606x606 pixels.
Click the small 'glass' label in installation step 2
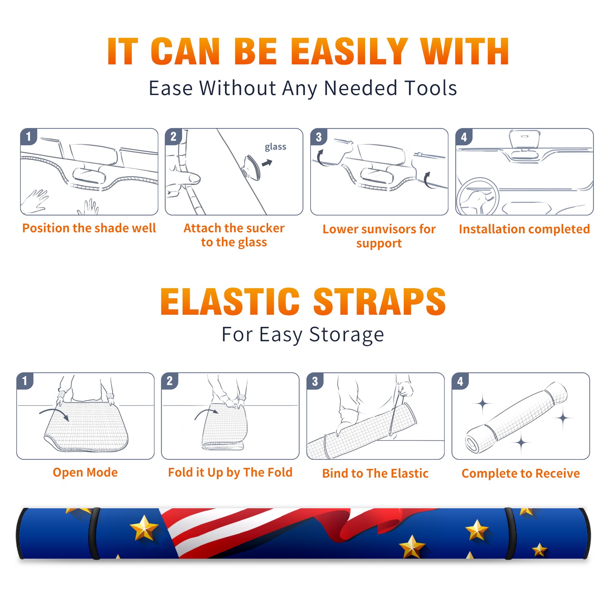275,147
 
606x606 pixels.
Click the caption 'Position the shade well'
89,228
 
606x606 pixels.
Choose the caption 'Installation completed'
524,229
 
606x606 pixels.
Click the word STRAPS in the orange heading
380,301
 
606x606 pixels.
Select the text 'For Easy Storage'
303,335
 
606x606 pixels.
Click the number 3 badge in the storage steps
315,381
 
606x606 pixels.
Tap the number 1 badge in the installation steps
29,136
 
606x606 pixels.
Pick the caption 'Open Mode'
85,473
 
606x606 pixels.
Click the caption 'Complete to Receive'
521,473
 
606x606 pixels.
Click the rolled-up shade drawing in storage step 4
516,418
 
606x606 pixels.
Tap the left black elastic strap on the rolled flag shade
94,533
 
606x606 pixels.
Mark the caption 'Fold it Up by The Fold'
230,473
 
